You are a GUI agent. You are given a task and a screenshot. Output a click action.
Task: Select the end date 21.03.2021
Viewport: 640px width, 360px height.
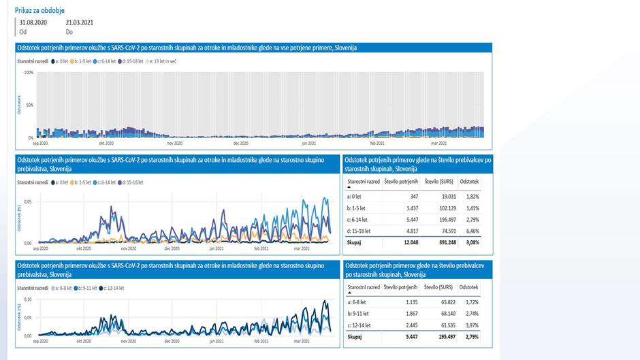pos(78,22)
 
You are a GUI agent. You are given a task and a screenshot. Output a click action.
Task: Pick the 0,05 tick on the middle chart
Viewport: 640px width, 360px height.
pos(27,202)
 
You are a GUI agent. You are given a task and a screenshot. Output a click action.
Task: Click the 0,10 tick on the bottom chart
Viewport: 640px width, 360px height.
pos(27,299)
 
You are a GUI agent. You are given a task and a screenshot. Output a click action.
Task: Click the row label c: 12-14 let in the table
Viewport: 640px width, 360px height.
pos(362,325)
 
